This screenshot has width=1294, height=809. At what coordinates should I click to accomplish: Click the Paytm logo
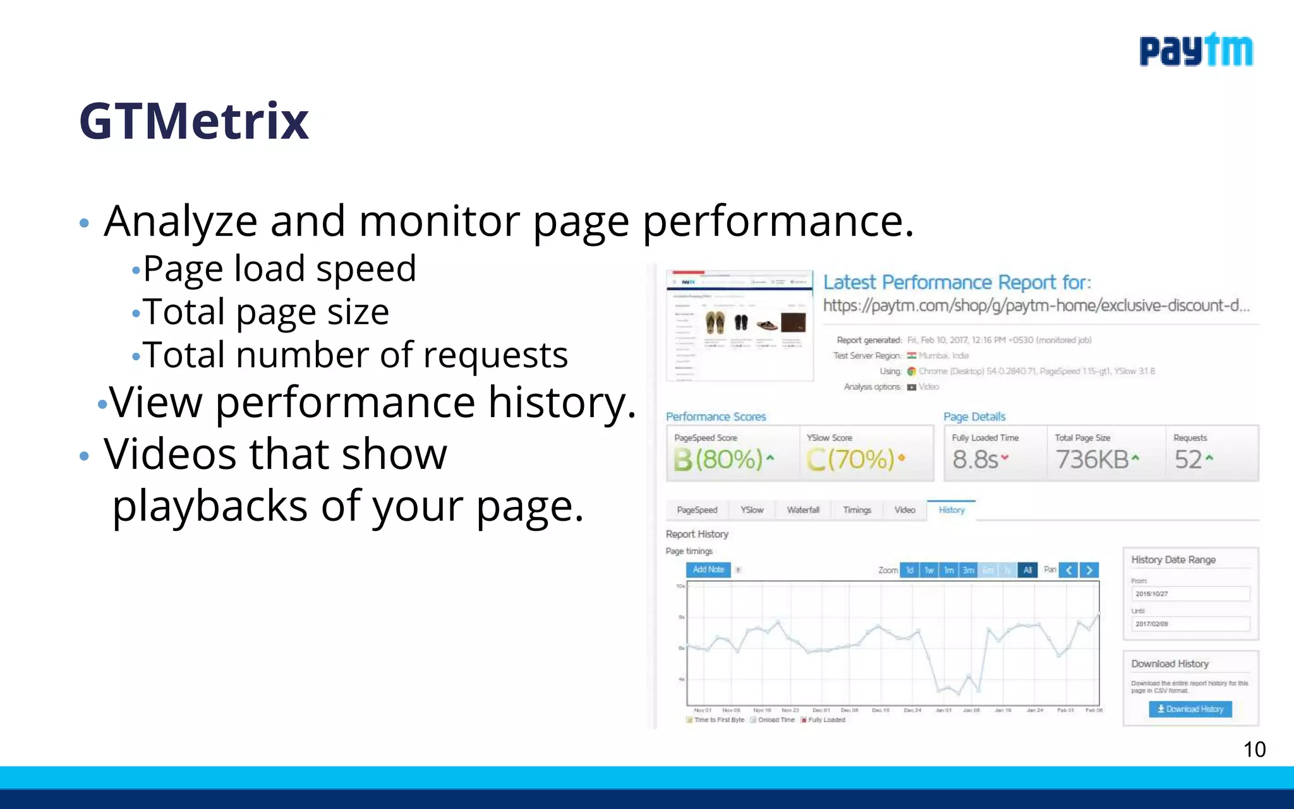tap(1195, 51)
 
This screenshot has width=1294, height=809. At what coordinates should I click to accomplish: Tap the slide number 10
tap(1254, 749)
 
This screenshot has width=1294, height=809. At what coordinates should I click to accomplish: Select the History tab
tap(952, 510)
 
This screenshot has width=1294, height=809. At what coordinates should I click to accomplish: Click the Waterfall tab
tap(803, 510)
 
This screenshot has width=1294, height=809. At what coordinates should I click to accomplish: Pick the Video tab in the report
tap(904, 510)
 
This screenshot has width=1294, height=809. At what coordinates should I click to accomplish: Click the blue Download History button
tap(1190, 709)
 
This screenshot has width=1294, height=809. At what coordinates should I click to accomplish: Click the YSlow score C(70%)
tap(850, 459)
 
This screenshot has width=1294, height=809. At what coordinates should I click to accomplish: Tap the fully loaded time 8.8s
tap(976, 459)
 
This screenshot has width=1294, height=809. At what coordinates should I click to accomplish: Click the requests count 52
tap(1188, 459)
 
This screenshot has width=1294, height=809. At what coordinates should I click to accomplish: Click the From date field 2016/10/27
tap(1190, 593)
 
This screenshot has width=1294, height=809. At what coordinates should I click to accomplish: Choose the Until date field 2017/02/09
tap(1190, 624)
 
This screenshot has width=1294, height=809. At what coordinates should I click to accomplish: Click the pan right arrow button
tap(1089, 570)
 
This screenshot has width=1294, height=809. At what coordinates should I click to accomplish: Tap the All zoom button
tap(1027, 570)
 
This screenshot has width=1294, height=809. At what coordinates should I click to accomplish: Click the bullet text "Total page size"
tap(265, 312)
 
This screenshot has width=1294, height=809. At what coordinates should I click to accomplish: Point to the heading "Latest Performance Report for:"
tap(957, 283)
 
